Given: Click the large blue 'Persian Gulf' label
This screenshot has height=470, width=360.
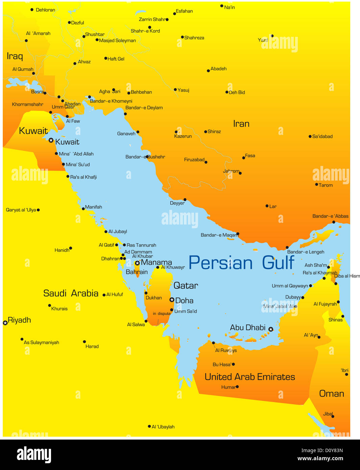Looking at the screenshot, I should (x=241, y=263).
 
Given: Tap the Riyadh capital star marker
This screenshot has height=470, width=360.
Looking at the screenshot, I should (x=5, y=323).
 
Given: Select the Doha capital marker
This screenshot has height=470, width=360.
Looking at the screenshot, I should (x=172, y=300).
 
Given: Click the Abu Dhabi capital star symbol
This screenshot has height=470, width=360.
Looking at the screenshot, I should (x=271, y=329).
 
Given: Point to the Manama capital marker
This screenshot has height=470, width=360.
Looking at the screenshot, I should (x=137, y=263).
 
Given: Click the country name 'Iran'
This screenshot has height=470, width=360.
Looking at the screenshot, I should (x=241, y=124).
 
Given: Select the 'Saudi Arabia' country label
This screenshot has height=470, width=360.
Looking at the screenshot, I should (x=71, y=293).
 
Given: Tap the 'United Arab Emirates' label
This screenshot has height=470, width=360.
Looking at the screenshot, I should (x=250, y=377).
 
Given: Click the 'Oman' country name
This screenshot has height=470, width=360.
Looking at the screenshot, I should (x=331, y=394).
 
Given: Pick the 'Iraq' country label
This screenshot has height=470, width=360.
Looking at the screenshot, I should (x=15, y=56).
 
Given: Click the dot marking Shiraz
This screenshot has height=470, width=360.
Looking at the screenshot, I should (x=206, y=132).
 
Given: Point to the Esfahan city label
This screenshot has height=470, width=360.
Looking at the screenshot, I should (x=184, y=11).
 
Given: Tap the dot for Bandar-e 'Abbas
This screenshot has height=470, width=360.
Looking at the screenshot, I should (x=334, y=222).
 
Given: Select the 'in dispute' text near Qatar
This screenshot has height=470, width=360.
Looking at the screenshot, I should (x=162, y=314).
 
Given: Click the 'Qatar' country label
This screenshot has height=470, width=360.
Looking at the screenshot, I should (x=186, y=286).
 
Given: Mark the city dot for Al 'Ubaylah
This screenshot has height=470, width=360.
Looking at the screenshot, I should (x=149, y=426).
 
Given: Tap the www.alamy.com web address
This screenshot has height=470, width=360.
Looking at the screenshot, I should (x=320, y=459).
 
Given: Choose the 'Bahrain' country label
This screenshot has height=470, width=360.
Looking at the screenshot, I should (x=137, y=272).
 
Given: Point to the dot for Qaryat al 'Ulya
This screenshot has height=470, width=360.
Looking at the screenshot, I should (x=38, y=210).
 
